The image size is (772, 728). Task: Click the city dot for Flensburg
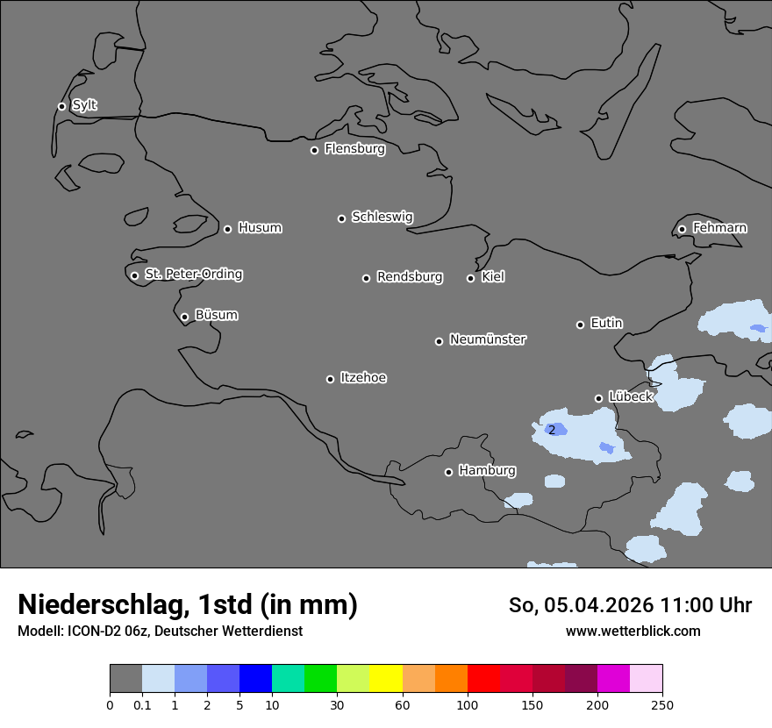tap(314, 150)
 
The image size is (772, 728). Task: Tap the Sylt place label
tap(84, 105)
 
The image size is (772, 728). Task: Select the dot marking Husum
tap(227, 229)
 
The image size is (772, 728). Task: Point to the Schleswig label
tap(382, 217)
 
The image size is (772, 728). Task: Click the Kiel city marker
tap(470, 278)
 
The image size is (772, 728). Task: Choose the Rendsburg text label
tap(409, 277)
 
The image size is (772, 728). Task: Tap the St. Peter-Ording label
tap(193, 275)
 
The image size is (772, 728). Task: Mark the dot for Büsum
tap(184, 318)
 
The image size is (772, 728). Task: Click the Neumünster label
tap(487, 339)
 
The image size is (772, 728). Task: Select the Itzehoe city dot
tap(330, 379)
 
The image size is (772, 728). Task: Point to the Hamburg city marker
tap(448, 472)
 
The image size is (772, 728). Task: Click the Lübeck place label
tap(630, 396)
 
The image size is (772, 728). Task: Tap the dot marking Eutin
tap(580, 325)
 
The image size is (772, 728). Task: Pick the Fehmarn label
tap(719, 228)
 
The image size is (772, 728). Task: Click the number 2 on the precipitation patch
tap(552, 430)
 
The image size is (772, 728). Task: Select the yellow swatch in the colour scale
tap(386, 679)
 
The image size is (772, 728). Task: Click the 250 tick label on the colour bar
tap(662, 704)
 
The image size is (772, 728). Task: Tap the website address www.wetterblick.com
tap(633, 631)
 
